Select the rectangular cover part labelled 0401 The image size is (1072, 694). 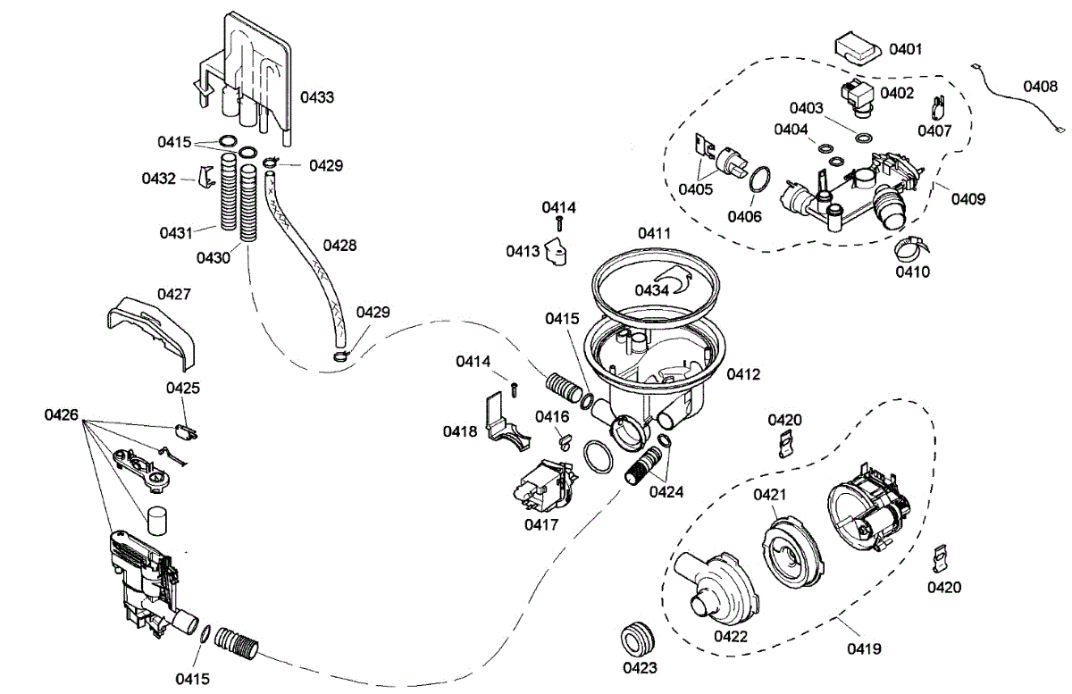[x=859, y=48]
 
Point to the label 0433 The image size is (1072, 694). [x=317, y=96]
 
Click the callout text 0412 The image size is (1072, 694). [x=742, y=374]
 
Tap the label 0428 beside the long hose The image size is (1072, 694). [x=339, y=245]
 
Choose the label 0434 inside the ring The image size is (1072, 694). [x=652, y=289]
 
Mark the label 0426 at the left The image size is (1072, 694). [x=62, y=415]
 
